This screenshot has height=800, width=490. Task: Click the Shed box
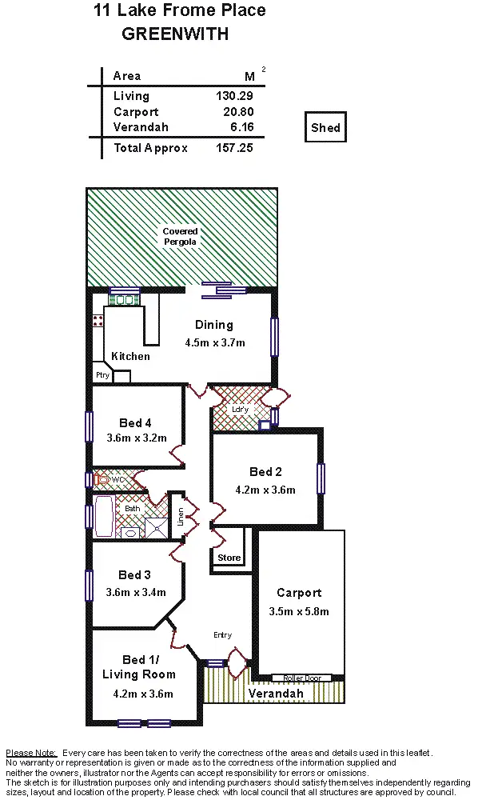pos(325,128)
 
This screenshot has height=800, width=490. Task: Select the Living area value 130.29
pos(234,96)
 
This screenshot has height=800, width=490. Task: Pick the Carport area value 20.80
pos(237,112)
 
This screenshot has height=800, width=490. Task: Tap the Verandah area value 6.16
pos(241,128)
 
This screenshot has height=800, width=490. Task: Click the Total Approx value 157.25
pos(234,148)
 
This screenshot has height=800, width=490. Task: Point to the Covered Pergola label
pos(180,236)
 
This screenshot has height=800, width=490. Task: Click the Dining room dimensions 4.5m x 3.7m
pos(214,342)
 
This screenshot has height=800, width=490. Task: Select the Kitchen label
pos(130,356)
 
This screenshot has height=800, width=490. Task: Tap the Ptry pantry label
pos(102,374)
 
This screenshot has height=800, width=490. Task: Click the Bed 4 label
pos(135,423)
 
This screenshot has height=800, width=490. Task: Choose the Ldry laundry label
pos(240,409)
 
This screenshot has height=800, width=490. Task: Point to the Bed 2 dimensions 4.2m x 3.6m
pos(265,490)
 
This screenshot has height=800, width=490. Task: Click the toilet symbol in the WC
pos(101,480)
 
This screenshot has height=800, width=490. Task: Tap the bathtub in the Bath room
pos(105,516)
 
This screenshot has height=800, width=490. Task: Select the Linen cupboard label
pos(180,515)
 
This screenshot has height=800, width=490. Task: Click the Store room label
pos(229,558)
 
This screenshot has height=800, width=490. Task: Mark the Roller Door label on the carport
pos(302,678)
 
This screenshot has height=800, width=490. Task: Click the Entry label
pos(222,635)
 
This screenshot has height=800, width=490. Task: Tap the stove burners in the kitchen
pos(98,321)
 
